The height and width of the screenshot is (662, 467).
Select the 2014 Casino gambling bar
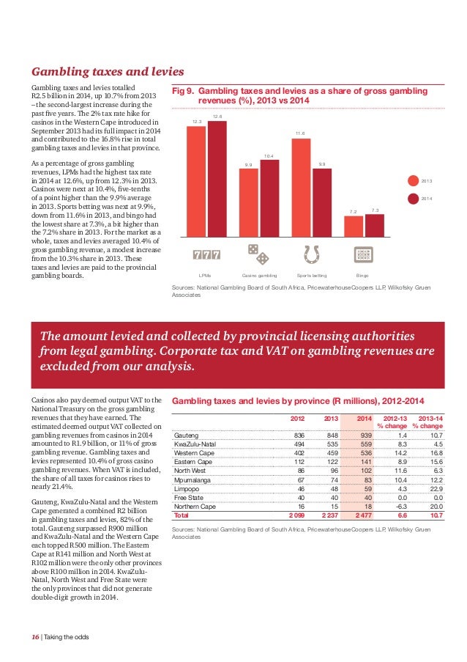pyautogui.click(x=269, y=198)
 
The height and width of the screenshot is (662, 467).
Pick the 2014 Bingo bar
pyautogui.click(x=375, y=226)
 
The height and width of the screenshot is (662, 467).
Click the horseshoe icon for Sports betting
pyautogui.click(x=311, y=254)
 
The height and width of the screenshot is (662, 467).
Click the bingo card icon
pyautogui.click(x=363, y=254)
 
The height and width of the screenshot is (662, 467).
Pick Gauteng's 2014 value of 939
pyautogui.click(x=365, y=434)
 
